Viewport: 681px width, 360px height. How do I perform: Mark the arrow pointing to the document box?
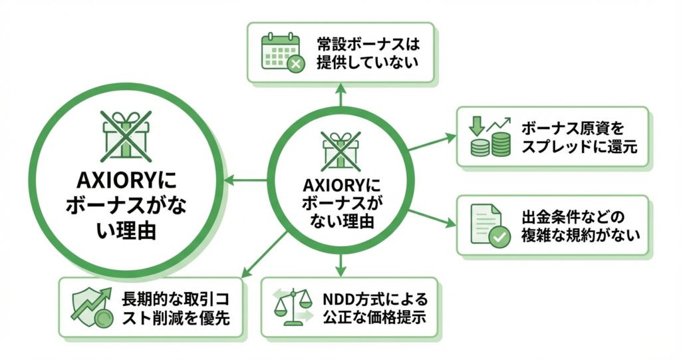click(x=432, y=219)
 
